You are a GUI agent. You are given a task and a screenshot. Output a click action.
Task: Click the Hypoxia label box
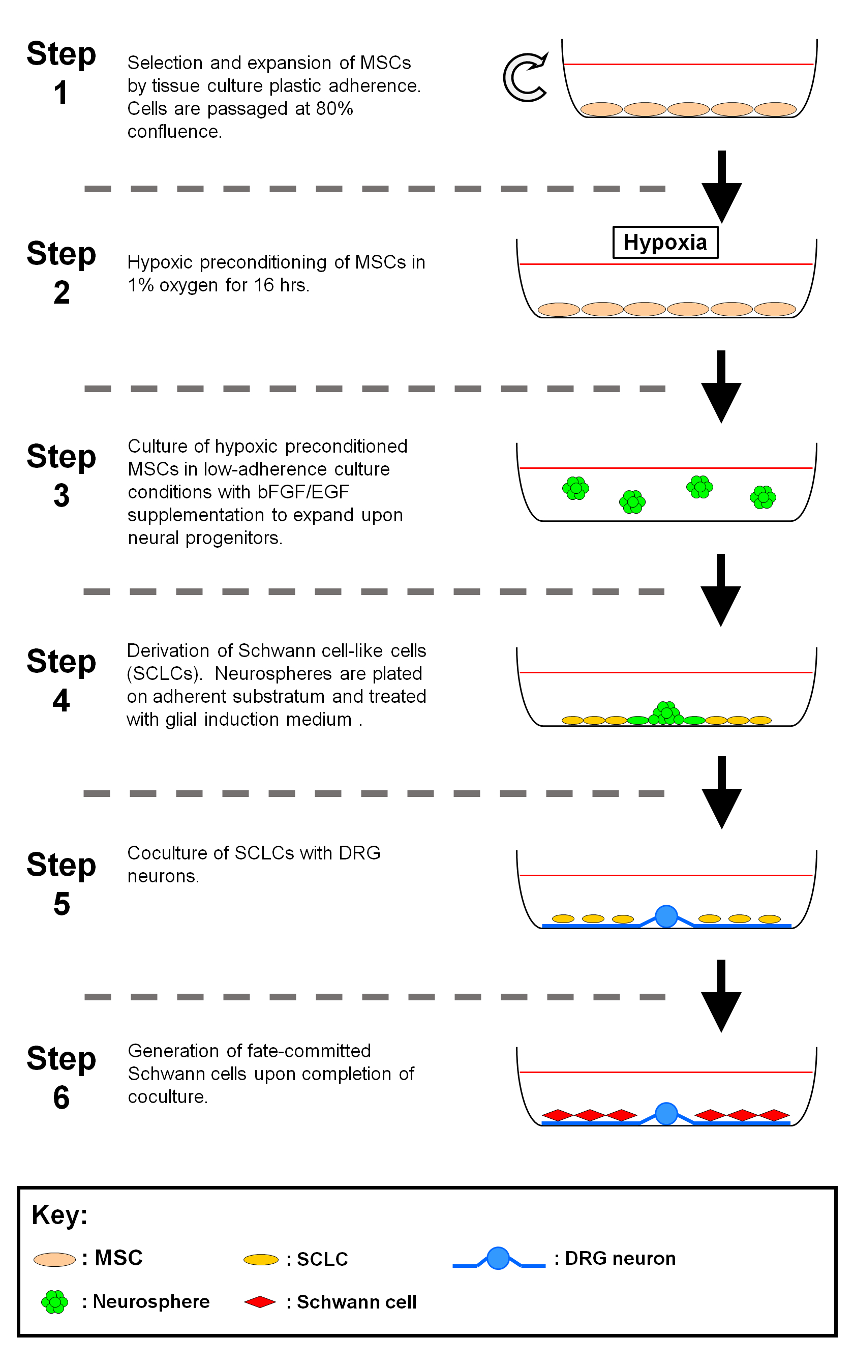665,243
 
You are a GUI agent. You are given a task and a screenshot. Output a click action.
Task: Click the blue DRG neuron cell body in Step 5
666,916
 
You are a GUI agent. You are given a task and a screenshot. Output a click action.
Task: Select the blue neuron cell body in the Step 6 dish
666,1113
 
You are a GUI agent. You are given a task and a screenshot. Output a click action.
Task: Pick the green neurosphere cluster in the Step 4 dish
666,714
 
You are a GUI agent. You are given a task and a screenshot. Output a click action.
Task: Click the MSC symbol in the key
55,1260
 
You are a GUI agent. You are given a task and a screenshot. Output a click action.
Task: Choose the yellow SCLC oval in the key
261,1260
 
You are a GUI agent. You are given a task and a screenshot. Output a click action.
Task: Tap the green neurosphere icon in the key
55,1302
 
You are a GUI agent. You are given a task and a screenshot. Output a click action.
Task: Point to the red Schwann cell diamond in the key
260,1302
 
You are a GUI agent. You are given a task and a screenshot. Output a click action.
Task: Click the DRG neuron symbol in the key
498,1259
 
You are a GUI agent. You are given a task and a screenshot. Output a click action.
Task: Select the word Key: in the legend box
59,1215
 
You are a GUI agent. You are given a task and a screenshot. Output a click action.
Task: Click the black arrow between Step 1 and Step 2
721,187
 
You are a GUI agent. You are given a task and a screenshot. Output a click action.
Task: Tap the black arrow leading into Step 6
721,995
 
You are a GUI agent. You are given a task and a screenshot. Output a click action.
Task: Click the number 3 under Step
62,496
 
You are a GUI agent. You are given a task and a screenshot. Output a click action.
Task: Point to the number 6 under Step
62,1098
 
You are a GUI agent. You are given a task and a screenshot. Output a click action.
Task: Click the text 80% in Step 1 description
334,108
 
